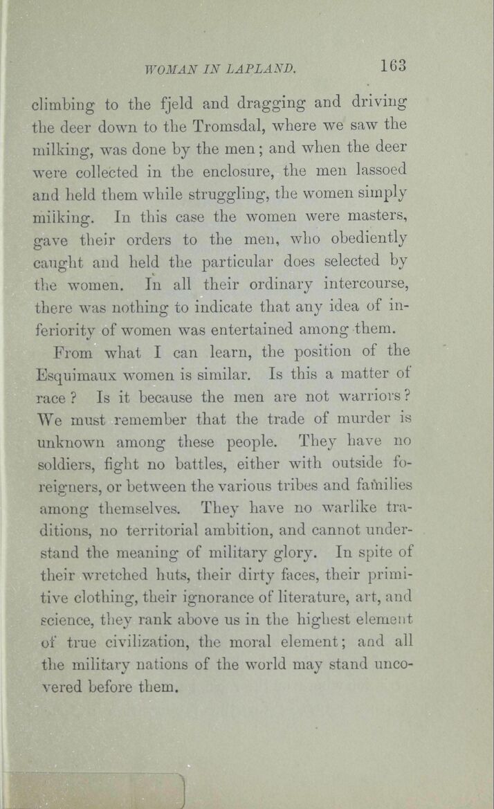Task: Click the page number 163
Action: tap(392, 66)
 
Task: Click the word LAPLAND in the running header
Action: tap(261, 69)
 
